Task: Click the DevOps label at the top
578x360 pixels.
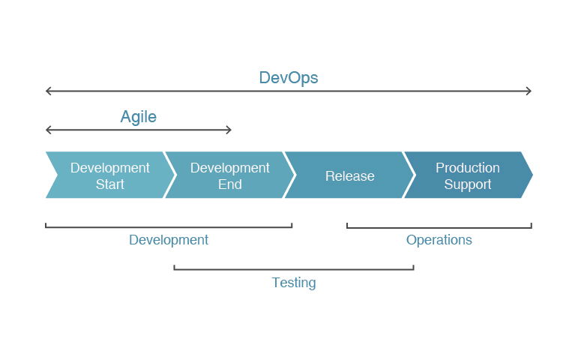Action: tap(289, 78)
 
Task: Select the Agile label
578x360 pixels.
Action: tap(139, 117)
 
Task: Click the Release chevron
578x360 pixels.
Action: tap(349, 176)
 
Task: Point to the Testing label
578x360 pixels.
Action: tap(294, 283)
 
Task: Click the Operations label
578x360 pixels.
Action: tap(439, 240)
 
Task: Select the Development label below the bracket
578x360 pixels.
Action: tap(169, 240)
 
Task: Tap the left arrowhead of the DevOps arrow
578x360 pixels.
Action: tap(48, 91)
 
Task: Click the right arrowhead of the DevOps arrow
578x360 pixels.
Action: tap(529, 91)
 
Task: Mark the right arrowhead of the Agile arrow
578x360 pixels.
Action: tap(229, 130)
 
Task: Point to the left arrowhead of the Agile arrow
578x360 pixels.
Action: tap(48, 130)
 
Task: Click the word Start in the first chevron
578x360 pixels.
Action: tap(109, 184)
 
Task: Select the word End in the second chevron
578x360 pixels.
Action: tap(229, 184)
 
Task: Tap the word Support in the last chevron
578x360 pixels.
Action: tap(467, 184)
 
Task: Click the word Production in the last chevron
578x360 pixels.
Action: tap(467, 168)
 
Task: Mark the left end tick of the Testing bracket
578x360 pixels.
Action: tap(174, 266)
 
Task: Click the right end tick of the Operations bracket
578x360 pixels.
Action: tap(532, 224)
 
